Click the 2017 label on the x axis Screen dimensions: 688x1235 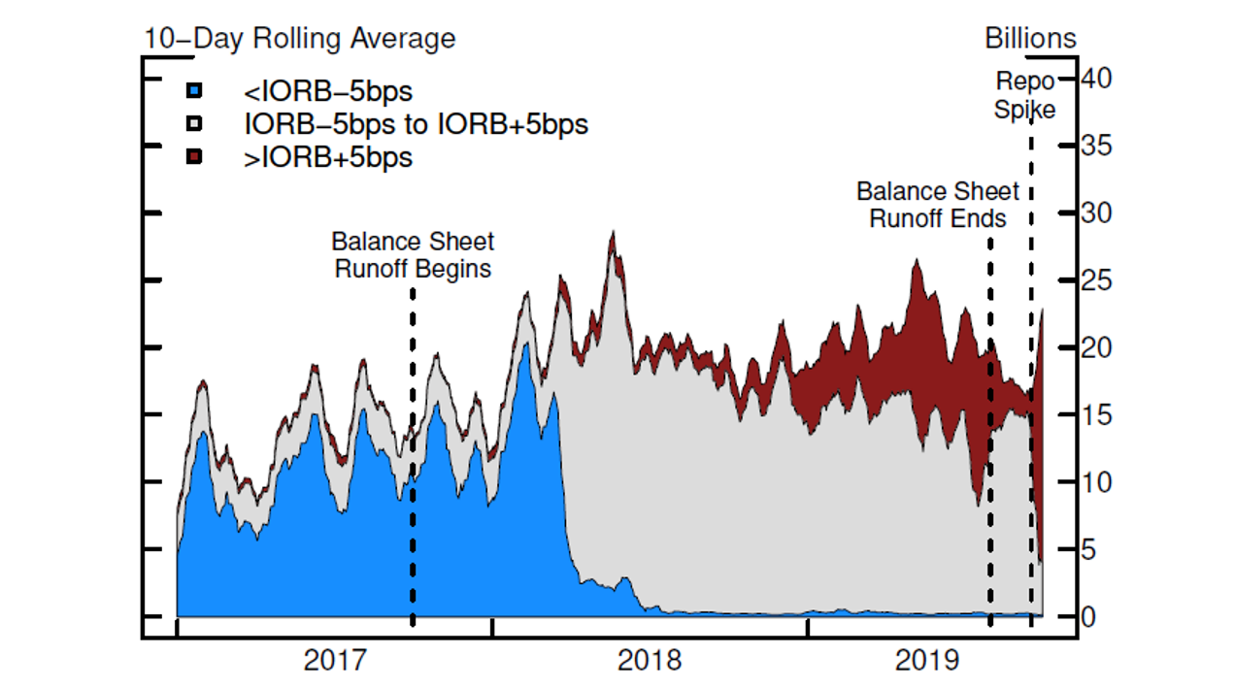coord(335,662)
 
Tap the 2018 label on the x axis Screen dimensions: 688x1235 coord(650,662)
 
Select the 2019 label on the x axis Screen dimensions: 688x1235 coord(927,662)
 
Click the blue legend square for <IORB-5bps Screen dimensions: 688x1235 coord(194,91)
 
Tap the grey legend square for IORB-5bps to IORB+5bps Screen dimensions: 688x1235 coord(194,124)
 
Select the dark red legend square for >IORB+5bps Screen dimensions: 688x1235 coord(194,156)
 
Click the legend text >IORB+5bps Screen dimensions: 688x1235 coord(328,157)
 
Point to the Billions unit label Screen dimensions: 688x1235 coord(1030,38)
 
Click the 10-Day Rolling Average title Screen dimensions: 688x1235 coord(300,39)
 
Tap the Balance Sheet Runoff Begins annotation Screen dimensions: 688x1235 coord(413,254)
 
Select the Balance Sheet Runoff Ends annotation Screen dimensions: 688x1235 coord(938,204)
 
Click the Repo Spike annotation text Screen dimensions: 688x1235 coord(1025,95)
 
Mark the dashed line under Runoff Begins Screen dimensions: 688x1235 coord(413,456)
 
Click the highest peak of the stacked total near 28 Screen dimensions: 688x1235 coord(613,233)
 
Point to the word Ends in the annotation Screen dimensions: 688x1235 coord(982,218)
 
